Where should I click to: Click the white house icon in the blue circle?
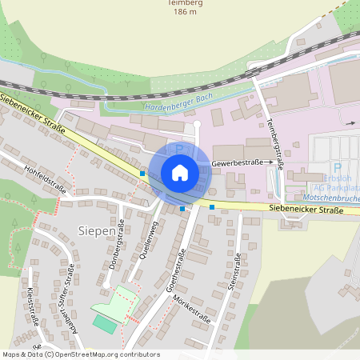(180, 172)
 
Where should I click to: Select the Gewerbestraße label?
(238, 163)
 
